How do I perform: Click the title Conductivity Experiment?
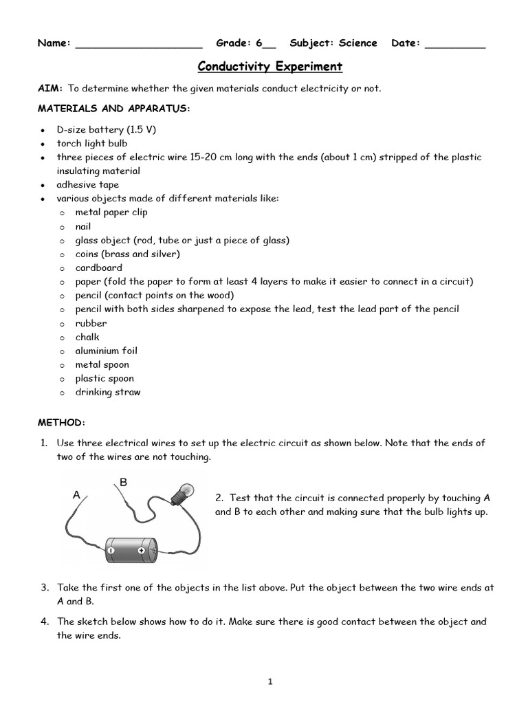pos(270,67)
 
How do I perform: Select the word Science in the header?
pos(357,43)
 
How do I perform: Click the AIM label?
pos(49,89)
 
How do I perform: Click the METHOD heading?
pos(62,421)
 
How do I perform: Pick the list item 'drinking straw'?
pos(108,392)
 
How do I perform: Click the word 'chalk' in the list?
pos(87,337)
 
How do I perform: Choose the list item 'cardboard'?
pos(99,267)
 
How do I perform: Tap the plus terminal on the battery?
pos(141,551)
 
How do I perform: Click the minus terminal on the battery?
pos(109,551)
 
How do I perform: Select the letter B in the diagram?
pos(124,483)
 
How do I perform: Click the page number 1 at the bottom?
pos(271,682)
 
